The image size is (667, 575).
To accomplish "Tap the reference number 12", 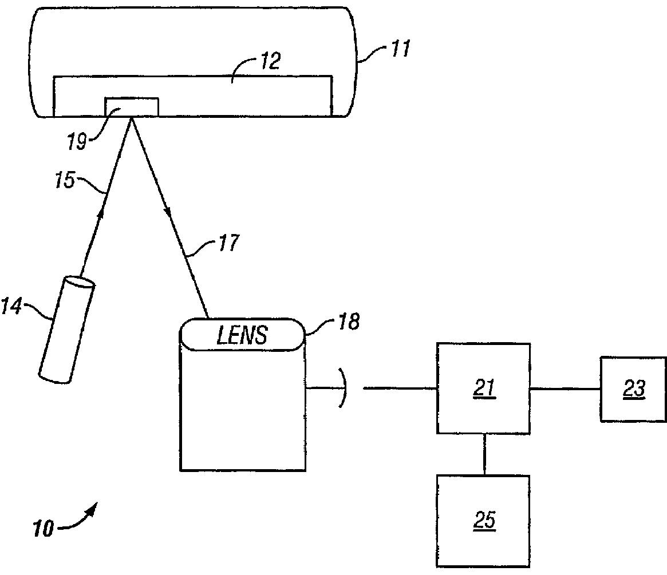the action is (270, 61).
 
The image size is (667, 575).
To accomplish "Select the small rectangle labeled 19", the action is (132, 106).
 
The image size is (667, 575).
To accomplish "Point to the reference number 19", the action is (77, 141).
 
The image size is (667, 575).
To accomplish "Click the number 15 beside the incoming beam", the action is (65, 180).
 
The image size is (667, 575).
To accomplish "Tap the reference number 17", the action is (229, 243).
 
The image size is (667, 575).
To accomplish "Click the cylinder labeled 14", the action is (67, 330).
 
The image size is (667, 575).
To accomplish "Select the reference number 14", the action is (11, 306).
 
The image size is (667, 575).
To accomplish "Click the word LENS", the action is (242, 335).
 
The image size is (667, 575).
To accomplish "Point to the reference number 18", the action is (349, 322).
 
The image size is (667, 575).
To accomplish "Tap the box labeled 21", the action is (483, 388).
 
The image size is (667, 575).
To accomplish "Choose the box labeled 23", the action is (633, 389).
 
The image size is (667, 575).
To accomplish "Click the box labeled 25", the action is (483, 521).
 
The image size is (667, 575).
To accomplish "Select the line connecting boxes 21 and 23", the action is (565, 388).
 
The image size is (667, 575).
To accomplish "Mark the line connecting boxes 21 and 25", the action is (484, 454).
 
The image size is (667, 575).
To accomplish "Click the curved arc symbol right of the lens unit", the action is (342, 388).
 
